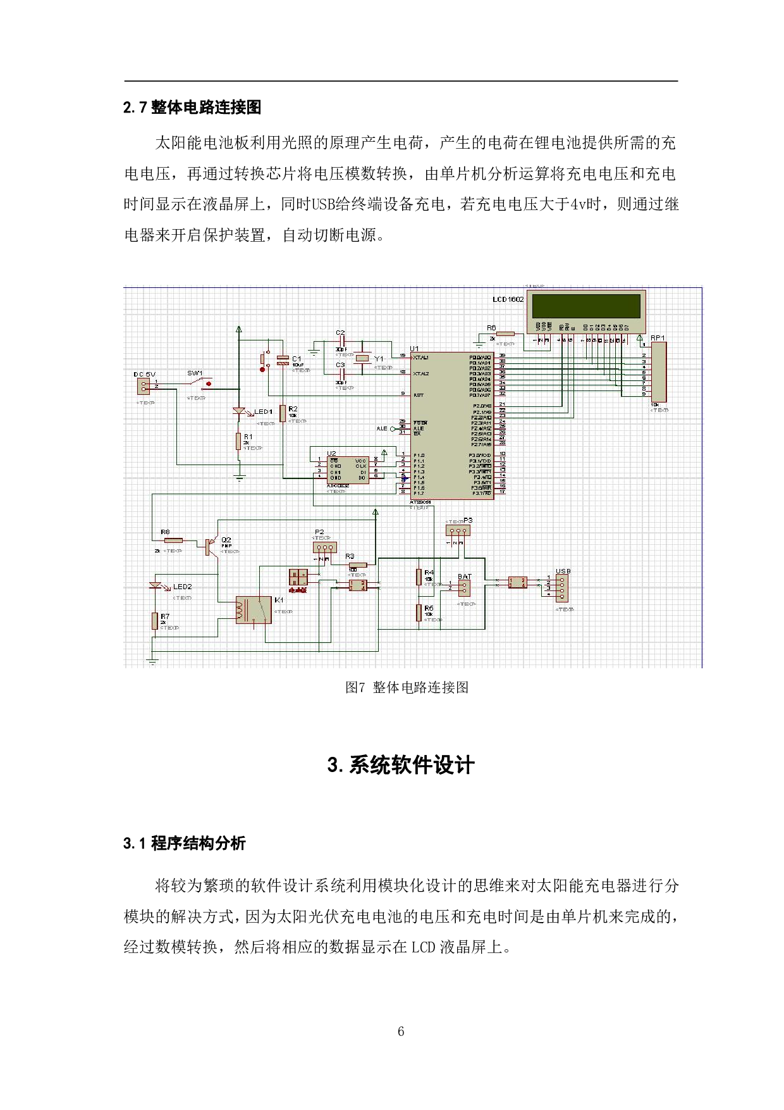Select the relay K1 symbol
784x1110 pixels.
253,610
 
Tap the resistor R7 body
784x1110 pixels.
154,621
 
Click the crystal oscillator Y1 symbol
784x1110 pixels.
362,359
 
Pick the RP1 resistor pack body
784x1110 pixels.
658,372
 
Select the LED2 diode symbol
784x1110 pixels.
156,586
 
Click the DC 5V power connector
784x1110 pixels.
144,385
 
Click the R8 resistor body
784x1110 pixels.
173,540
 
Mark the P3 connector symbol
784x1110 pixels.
457,530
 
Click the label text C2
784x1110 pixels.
340,332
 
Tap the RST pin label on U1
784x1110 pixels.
418,395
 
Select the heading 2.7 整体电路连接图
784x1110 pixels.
192,108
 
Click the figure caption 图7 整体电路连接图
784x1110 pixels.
407,687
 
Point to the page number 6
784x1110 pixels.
401,1031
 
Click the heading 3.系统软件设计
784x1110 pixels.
401,765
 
